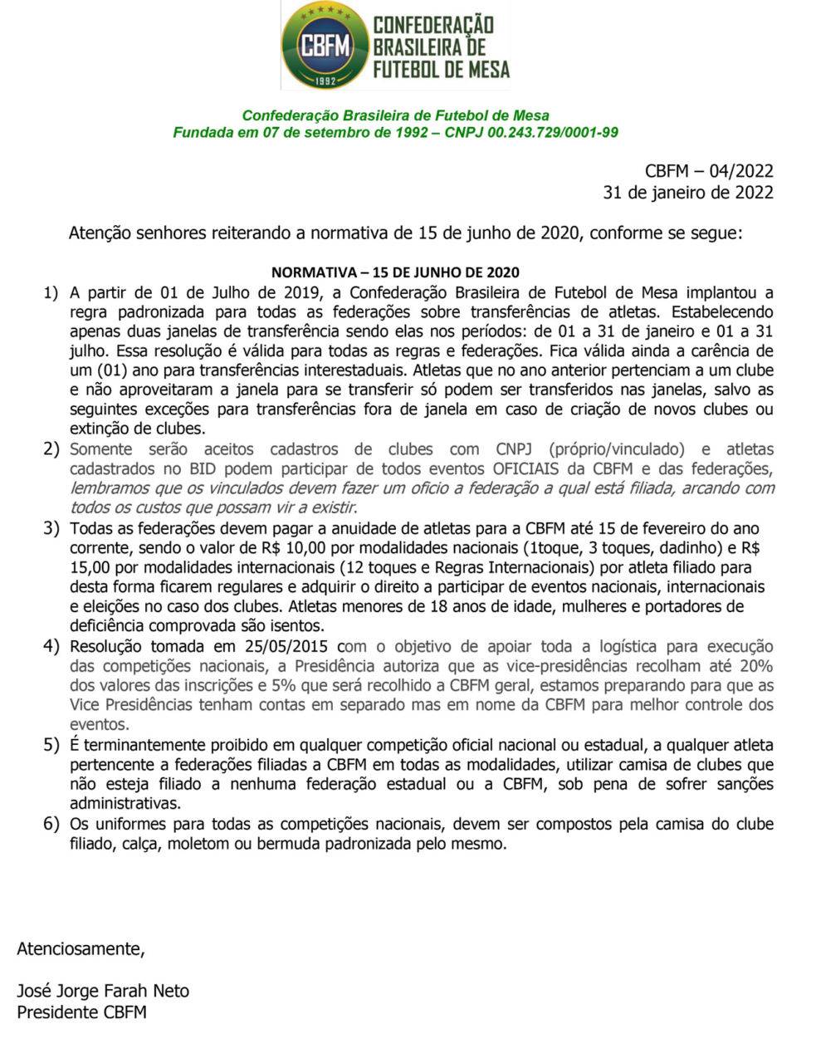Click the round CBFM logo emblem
(324, 45)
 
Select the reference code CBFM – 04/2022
(709, 171)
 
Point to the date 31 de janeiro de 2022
(688, 193)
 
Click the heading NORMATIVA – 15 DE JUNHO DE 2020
(395, 272)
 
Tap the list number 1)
(51, 292)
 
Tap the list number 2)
(51, 449)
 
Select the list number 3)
(51, 528)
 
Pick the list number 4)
(51, 646)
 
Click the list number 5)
(51, 744)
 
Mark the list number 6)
(51, 824)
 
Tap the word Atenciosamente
(81, 948)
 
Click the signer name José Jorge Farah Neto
(103, 991)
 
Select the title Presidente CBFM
(81, 1012)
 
